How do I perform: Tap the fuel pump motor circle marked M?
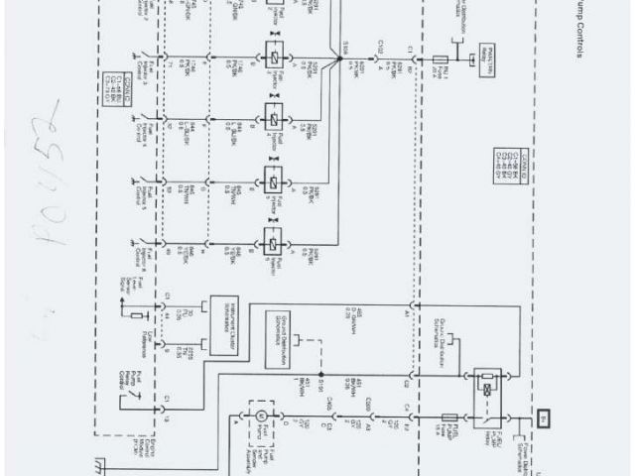(x=262, y=416)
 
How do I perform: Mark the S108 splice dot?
(x=332, y=59)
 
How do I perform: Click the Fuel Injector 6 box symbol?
(x=270, y=243)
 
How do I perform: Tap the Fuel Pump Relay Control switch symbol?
(x=131, y=401)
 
